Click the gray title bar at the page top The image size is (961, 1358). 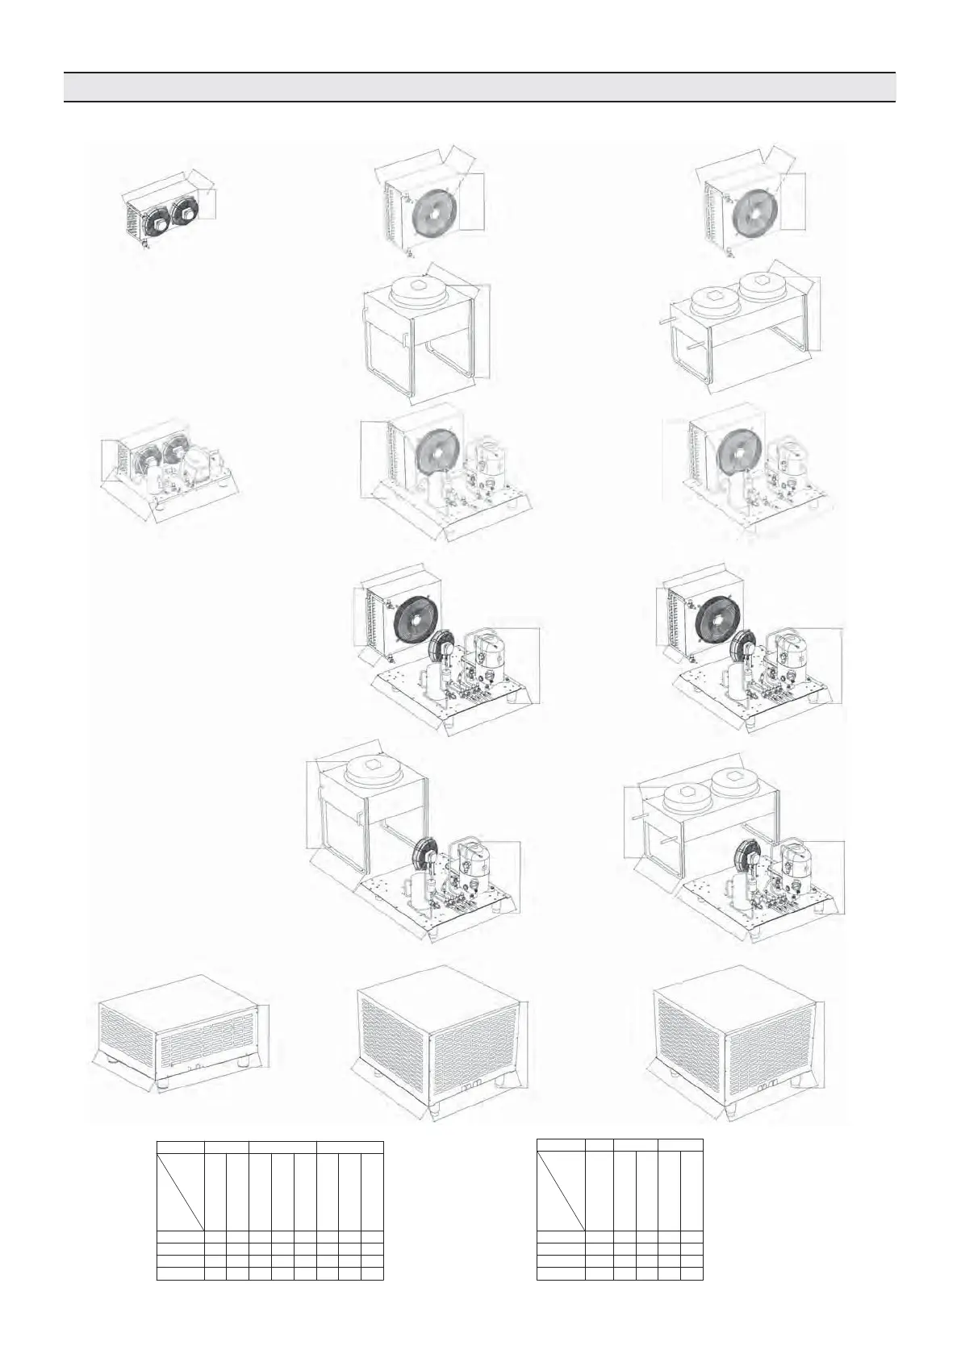click(480, 87)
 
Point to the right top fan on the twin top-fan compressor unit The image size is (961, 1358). click(737, 780)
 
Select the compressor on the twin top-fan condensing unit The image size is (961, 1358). click(792, 858)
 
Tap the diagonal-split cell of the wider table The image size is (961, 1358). click(181, 1193)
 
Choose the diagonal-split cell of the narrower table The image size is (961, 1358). click(561, 1191)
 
